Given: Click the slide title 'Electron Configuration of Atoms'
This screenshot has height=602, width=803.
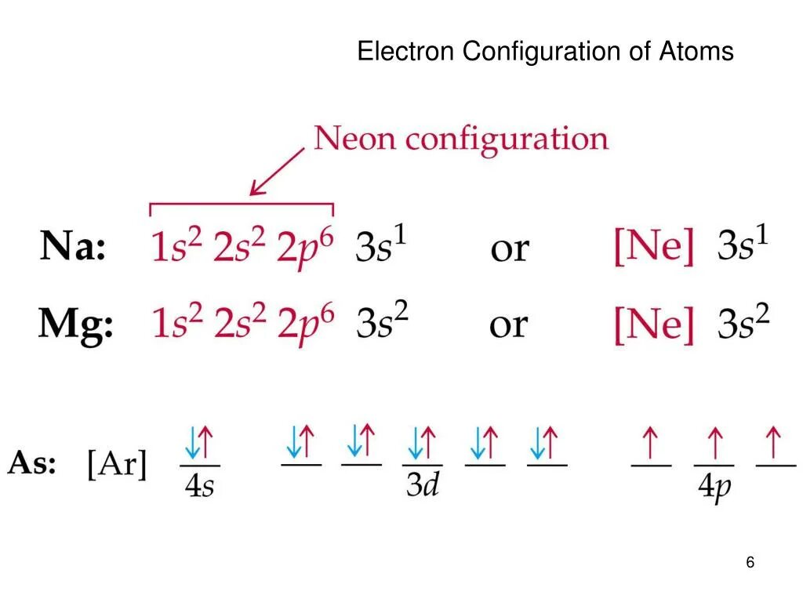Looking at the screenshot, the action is [545, 52].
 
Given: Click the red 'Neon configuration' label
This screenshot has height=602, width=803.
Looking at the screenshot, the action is [461, 140].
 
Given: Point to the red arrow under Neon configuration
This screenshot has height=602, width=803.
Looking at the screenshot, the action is [276, 172].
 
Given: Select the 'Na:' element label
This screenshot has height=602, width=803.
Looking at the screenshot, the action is [73, 248].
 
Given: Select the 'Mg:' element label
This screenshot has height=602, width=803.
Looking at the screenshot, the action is [76, 323].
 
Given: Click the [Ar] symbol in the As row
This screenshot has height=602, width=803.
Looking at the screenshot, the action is [117, 466].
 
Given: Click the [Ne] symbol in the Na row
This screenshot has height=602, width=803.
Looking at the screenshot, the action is [654, 248].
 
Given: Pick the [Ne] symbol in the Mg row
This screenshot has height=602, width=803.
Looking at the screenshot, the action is [654, 324].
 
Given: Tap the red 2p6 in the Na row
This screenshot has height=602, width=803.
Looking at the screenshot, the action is [305, 248].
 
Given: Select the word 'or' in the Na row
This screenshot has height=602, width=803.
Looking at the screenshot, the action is [509, 250].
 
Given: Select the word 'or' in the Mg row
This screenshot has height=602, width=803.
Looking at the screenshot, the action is [509, 325].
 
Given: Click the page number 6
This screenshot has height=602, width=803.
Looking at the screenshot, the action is [750, 563].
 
